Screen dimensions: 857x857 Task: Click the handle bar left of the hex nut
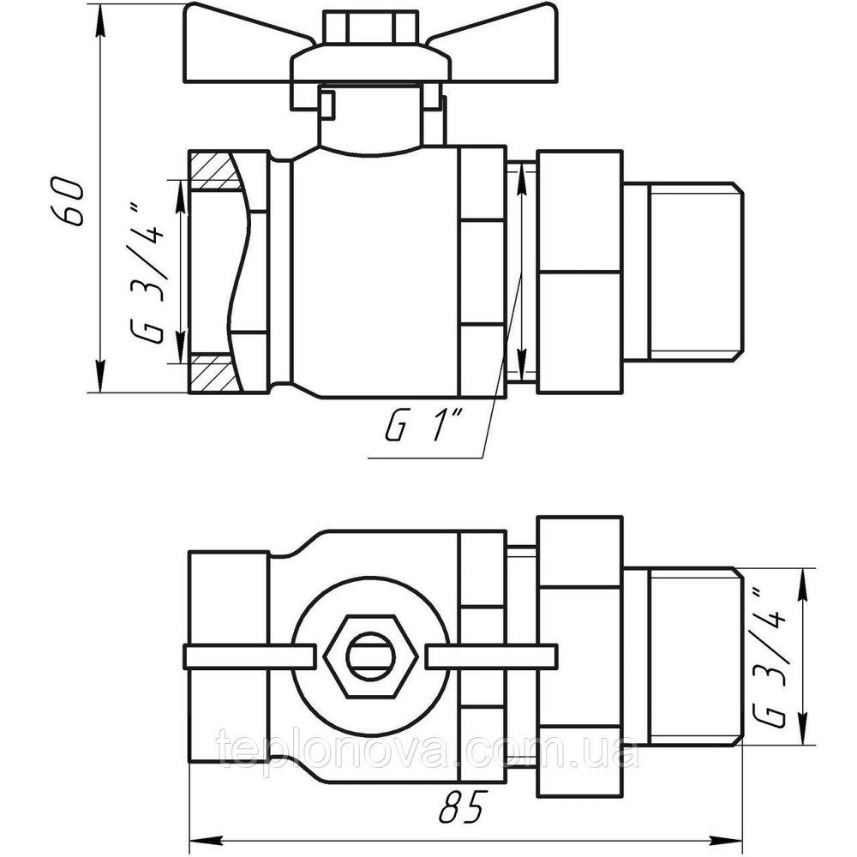point(249,657)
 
